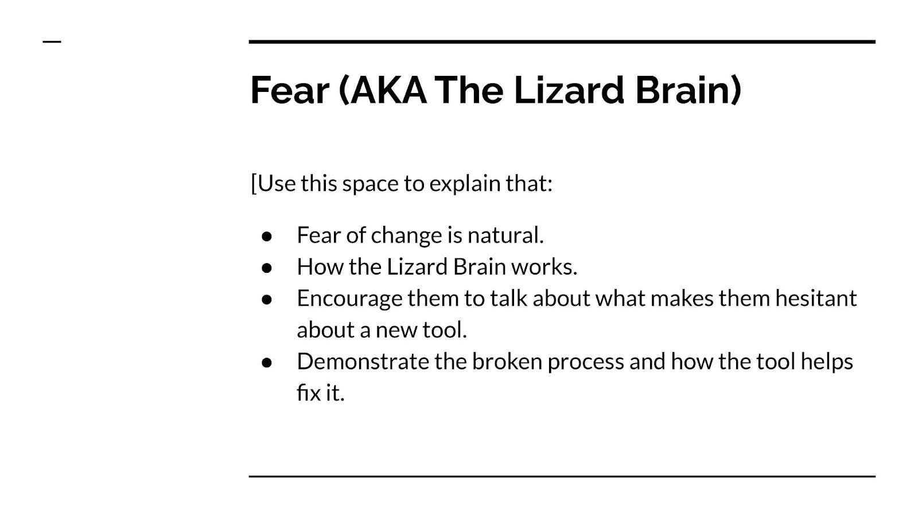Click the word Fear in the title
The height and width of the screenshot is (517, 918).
290,90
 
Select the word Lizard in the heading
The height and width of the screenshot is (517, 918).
569,90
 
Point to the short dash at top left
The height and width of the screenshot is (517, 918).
52,41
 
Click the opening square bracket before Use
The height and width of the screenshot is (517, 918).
254,183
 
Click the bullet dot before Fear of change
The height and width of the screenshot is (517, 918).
267,236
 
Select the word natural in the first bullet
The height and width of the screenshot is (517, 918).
505,235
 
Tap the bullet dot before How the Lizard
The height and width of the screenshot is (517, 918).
267,268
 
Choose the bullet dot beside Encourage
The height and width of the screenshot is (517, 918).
267,299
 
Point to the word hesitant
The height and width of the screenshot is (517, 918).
815,298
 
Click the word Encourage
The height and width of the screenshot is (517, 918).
349,299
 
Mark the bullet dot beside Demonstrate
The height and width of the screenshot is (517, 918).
267,362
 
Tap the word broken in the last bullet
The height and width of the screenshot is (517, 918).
507,361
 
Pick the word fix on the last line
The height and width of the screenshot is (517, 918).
309,393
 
